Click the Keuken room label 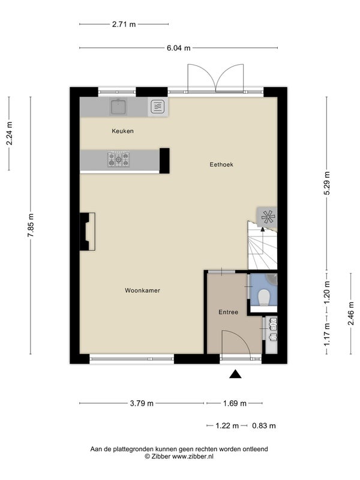point(122,131)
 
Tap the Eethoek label point(221,164)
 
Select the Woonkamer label point(142,290)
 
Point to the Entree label point(229,312)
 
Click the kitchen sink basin point(118,107)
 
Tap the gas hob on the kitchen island point(118,159)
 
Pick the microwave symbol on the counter point(158,107)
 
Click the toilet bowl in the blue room point(264,298)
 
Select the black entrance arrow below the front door point(235,374)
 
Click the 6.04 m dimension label point(178,48)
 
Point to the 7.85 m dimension point(31,225)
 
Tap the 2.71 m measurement point(124,25)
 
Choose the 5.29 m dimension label point(327,183)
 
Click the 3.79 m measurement point(142,403)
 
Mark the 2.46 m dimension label point(351,313)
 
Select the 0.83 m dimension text point(264,425)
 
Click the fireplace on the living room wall point(87,232)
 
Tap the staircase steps point(262,248)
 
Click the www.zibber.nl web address point(193,457)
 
